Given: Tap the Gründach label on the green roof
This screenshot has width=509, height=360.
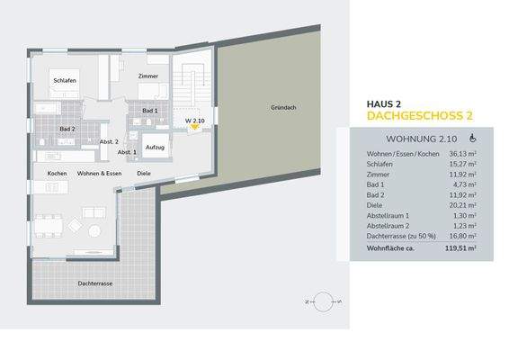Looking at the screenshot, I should point(283,108).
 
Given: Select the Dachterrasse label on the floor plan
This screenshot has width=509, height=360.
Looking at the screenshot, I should point(95,283).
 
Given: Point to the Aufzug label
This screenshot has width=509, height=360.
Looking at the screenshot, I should point(156,147).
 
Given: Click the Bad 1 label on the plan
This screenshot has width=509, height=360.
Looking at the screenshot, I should point(150,111).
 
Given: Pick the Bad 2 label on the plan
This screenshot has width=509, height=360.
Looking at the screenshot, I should point(67,129).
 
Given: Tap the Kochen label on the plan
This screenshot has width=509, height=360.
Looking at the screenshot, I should point(57,173).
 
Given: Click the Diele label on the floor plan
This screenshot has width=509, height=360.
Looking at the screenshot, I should point(144,173).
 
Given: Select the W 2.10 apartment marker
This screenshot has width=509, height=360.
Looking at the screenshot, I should point(195,121).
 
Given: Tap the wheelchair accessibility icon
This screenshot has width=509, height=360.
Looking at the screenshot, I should point(473,139).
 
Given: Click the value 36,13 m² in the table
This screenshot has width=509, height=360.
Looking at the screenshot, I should point(461,156).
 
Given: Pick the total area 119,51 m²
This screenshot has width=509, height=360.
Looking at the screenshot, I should point(459,247).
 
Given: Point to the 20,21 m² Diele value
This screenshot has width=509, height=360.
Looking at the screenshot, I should point(461,206).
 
